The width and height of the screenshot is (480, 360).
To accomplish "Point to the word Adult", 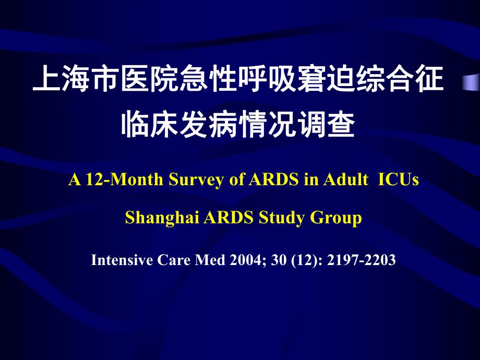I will tap(345, 179).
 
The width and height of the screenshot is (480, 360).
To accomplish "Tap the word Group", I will tap(336, 218).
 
